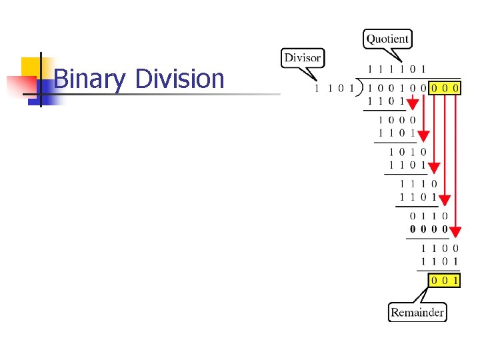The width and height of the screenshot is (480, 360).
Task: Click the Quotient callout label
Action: pos(387,39)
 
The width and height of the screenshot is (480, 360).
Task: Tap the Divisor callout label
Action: pos(302,58)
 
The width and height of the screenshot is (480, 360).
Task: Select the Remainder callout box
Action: pos(417,312)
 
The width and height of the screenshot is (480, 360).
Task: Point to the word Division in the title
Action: pos(179,79)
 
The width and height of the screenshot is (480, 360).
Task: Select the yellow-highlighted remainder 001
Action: pos(445,281)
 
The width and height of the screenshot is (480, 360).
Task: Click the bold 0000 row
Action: pos(429,229)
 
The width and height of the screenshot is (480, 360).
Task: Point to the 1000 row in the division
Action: pos(397,121)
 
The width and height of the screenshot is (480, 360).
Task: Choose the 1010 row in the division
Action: pos(407,153)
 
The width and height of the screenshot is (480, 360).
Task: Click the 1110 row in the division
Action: pos(418,184)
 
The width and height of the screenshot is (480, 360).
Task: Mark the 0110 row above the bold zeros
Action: pos(429,217)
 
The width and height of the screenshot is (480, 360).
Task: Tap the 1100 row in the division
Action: pos(439,249)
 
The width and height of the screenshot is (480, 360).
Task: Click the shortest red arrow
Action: pos(413,102)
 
